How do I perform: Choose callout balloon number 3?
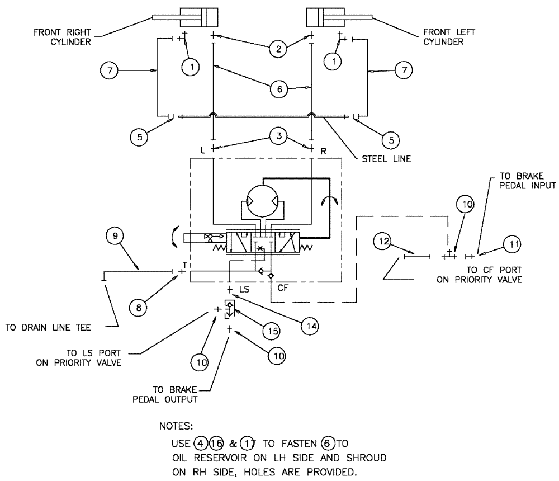click(x=278, y=135)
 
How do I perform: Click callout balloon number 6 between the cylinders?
click(x=278, y=89)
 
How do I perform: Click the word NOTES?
click(x=177, y=427)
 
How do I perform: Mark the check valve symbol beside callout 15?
click(x=229, y=308)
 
